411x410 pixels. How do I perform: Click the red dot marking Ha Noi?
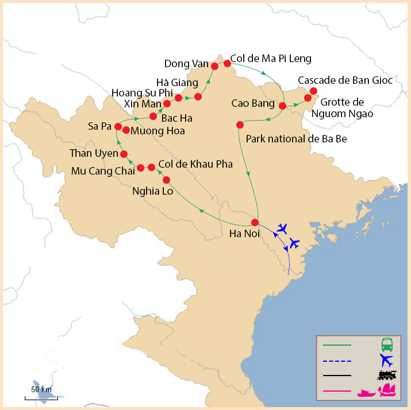click(x=255, y=222)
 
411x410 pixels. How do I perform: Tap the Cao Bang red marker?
click(x=282, y=106)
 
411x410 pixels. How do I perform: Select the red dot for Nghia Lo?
click(x=166, y=180)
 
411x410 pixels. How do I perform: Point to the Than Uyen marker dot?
click(x=124, y=154)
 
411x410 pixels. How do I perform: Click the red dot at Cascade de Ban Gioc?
click(x=313, y=91)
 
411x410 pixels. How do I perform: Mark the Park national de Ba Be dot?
click(x=240, y=125)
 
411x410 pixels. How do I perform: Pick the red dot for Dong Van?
click(x=214, y=66)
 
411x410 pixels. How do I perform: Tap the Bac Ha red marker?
click(x=153, y=117)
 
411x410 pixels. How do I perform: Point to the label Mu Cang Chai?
click(x=102, y=171)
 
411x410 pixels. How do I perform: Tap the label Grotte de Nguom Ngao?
click(x=347, y=108)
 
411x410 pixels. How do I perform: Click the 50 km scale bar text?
click(x=41, y=389)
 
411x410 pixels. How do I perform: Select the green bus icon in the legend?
click(x=387, y=345)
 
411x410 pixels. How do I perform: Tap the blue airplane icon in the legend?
click(x=386, y=361)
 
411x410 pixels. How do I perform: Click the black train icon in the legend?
click(x=386, y=376)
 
